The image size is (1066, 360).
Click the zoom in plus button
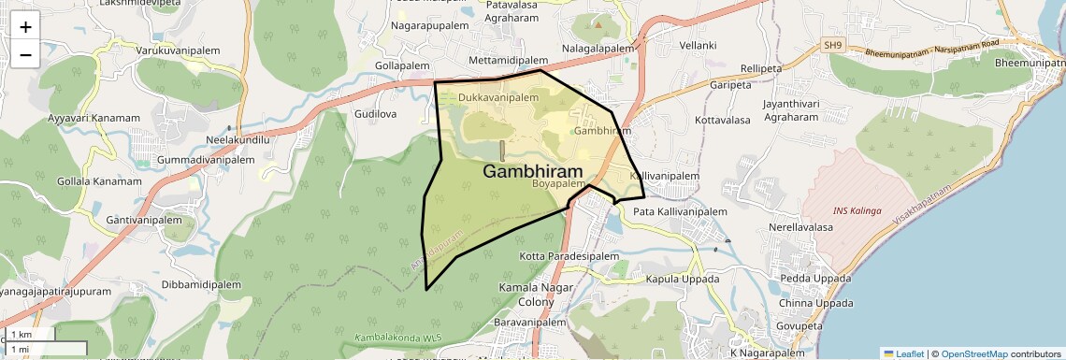pos(25,27)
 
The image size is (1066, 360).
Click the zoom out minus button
pos(25,55)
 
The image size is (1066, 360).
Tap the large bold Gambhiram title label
pos(532,172)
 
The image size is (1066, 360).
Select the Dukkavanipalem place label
pos(498,97)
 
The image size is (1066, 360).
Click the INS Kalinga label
pos(857,211)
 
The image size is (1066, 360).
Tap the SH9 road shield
pos(833,44)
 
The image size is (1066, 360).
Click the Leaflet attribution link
pos(903,353)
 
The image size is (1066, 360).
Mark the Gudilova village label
pos(376,114)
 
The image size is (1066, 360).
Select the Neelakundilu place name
pos(238,140)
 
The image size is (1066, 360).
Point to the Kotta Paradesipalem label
pos(569,256)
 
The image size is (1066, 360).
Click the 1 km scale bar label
pos(22,334)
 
